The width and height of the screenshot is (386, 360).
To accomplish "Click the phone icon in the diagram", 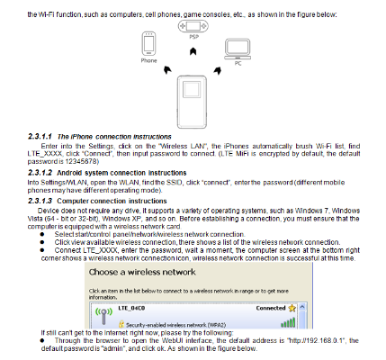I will pyautogui.click(x=148, y=44).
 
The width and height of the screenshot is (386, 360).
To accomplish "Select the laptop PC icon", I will pyautogui.click(x=237, y=47).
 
